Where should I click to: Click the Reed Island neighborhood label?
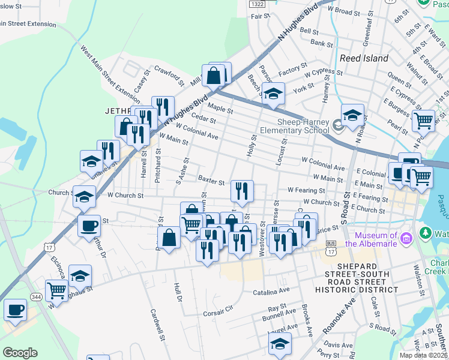364,58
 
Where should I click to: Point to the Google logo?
20,352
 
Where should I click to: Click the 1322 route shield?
257,4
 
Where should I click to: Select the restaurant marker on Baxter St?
242,191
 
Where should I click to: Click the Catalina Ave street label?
271,289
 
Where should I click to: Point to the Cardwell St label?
158,325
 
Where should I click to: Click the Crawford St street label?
168,76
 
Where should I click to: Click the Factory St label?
293,71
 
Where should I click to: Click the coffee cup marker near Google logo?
15,310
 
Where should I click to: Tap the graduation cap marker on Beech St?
273,94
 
